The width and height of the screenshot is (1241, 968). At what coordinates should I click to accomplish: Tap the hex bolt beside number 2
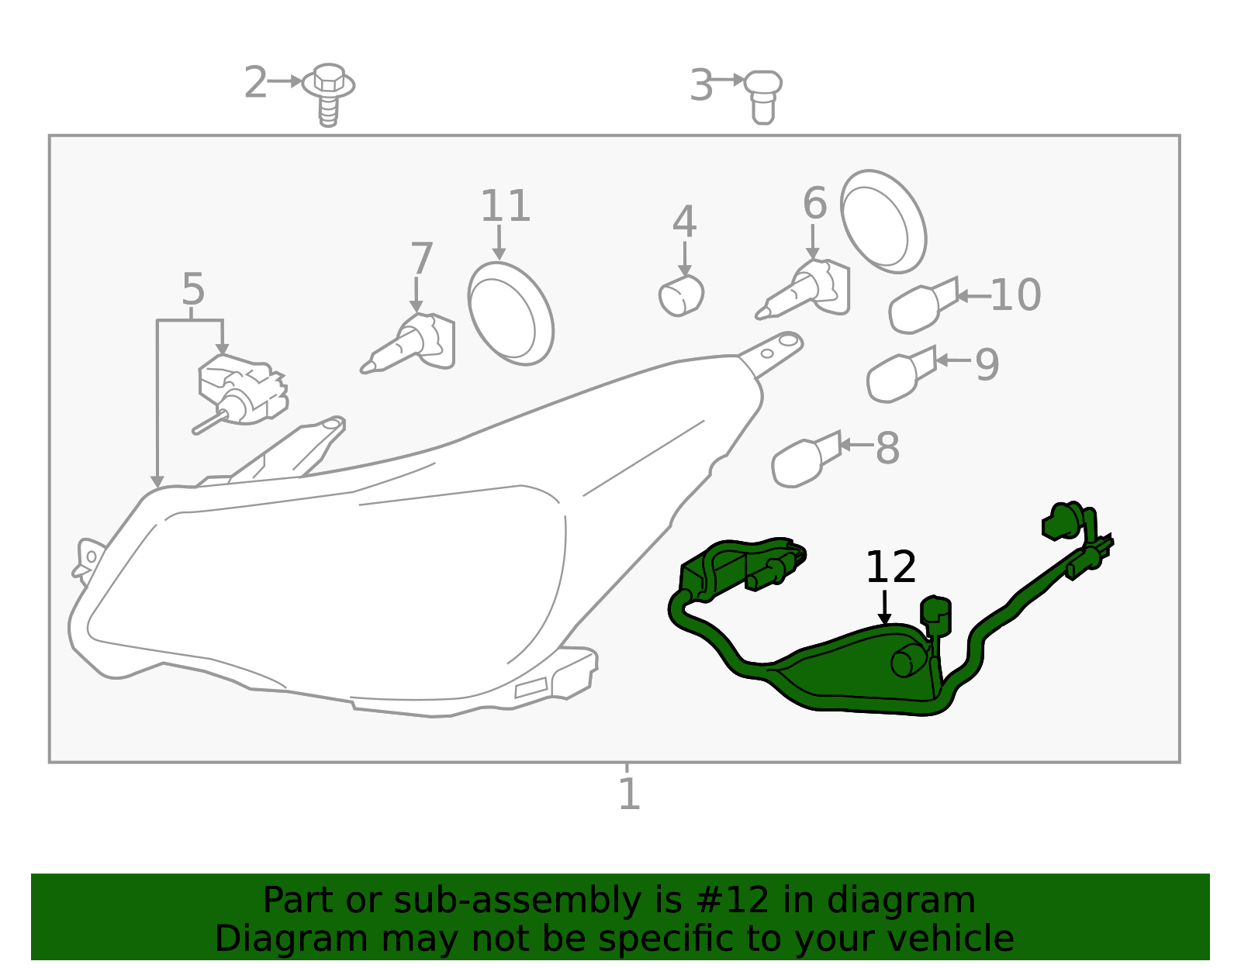click(328, 94)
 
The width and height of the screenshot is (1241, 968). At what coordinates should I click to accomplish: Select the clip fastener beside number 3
click(763, 97)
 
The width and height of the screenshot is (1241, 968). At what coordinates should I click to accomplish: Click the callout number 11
click(506, 206)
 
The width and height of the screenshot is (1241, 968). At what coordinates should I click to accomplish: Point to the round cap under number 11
click(510, 314)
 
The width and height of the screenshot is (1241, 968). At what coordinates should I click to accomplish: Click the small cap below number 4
click(681, 295)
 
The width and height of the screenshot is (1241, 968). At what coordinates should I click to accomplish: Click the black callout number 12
click(891, 567)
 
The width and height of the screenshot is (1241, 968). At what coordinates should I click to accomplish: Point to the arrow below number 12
click(885, 607)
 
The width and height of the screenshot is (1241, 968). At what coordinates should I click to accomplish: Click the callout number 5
click(193, 289)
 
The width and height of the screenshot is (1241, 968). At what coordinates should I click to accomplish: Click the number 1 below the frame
click(629, 794)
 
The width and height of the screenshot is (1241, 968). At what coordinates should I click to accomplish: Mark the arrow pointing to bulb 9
click(953, 360)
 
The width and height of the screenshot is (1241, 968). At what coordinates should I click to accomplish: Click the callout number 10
click(1016, 295)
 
